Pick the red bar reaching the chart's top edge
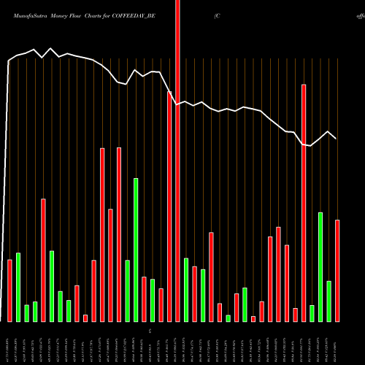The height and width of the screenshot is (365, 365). click(177, 161)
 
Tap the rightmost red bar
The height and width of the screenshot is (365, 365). click(337, 270)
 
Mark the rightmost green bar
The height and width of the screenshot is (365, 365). click(328, 301)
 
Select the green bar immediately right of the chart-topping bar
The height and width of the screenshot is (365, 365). click(186, 289)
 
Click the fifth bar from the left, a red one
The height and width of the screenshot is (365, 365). click(44, 260)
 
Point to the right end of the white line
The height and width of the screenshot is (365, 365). click(336, 138)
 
